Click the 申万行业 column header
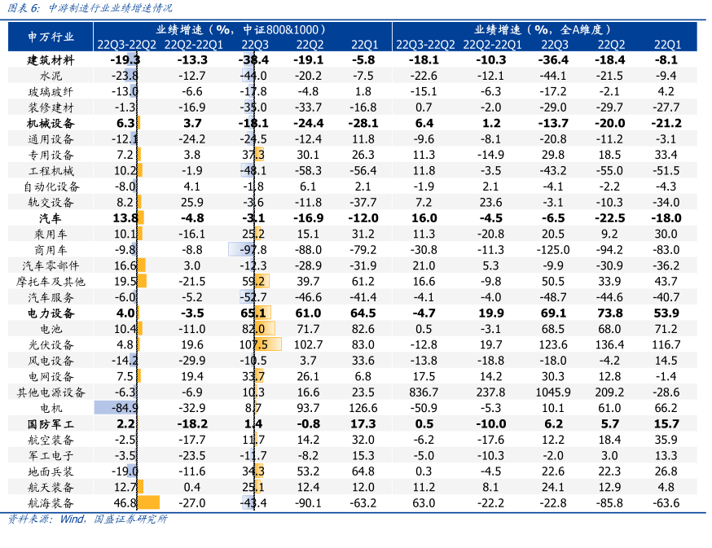tap(51, 37)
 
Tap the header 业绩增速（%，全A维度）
tap(544, 28)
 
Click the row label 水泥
tap(51, 76)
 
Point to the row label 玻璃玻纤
tap(51, 91)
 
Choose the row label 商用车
tap(51, 249)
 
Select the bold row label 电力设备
tap(51, 313)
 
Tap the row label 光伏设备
tap(51, 344)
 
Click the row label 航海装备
tap(51, 502)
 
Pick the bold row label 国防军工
tap(51, 423)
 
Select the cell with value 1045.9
tap(554, 392)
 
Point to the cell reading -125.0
tap(554, 249)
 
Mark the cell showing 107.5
tap(254, 344)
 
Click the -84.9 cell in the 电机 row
tap(121, 408)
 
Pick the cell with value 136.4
tap(611, 344)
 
